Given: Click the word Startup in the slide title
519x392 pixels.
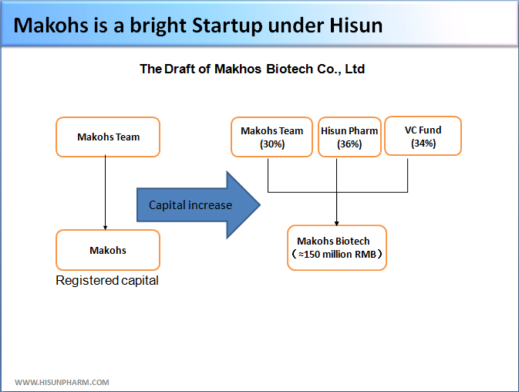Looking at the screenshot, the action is tap(227, 25).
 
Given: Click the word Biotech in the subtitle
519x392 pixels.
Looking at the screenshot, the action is tap(290, 69).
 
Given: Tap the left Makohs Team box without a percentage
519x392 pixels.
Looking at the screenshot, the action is tap(108, 137).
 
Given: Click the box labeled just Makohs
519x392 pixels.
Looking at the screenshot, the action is tap(108, 250).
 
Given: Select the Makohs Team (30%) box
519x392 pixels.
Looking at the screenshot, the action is tap(271, 137).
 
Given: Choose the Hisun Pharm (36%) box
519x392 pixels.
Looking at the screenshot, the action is tap(349, 137).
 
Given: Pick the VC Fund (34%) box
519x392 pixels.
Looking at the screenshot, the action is tap(423, 136).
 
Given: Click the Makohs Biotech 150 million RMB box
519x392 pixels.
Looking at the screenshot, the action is tap(337, 248).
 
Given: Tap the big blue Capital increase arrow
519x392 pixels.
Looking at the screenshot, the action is tap(199, 205).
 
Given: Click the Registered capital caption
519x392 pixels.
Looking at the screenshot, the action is tap(107, 280).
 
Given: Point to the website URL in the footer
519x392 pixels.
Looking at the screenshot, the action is tap(62, 383).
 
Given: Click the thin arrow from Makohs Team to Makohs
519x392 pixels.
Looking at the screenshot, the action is tap(105, 192).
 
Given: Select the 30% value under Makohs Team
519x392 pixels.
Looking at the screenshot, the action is tap(272, 144).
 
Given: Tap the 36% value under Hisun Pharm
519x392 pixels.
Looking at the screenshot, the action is tap(349, 144).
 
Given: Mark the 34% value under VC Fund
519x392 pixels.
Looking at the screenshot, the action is tap(423, 144).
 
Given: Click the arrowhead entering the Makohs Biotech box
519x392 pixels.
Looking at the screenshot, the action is tap(337, 224).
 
